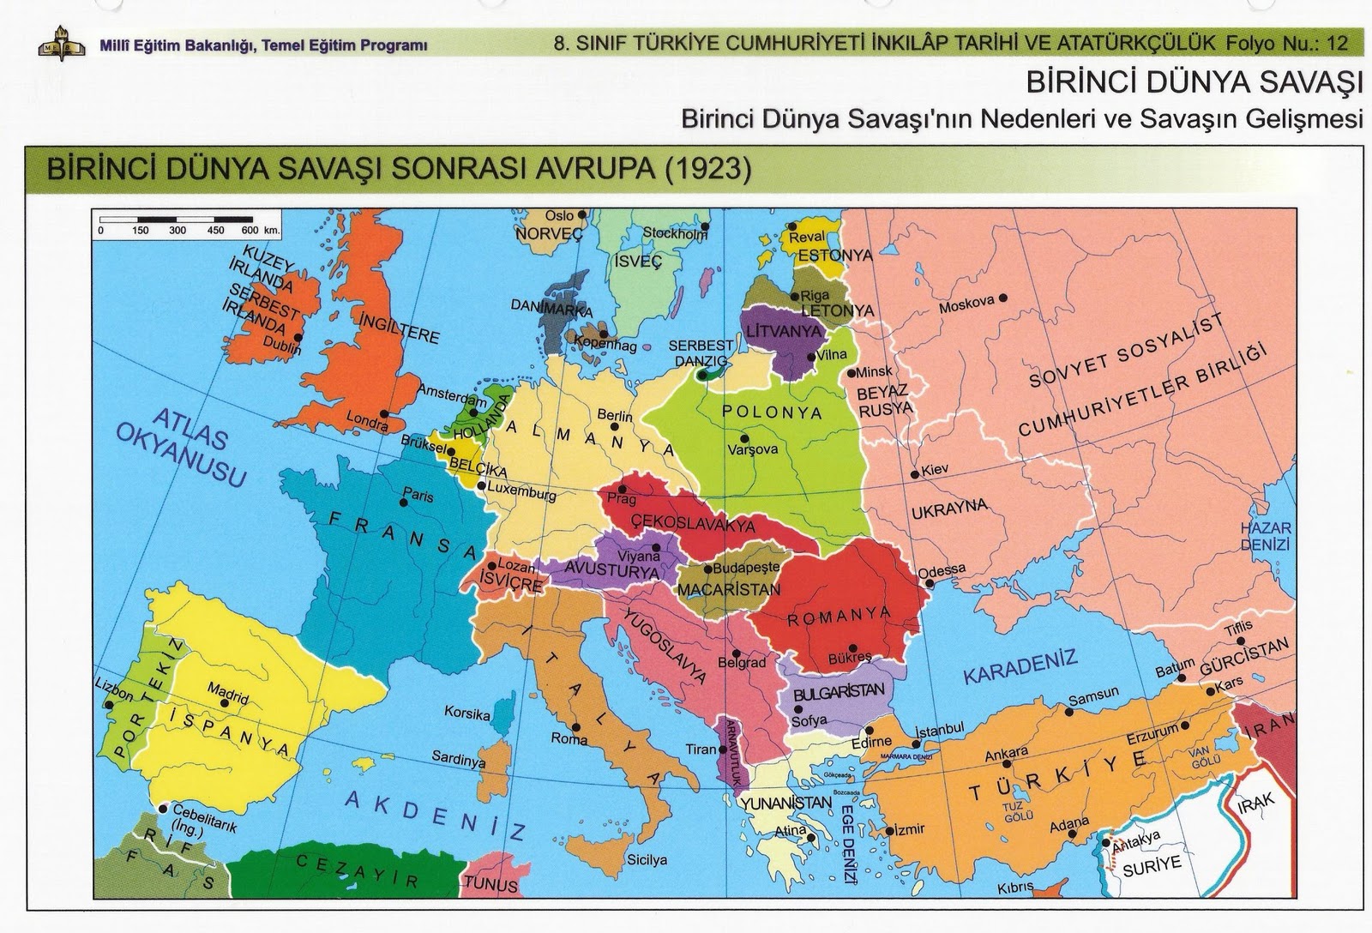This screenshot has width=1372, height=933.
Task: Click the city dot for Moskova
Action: point(1003,298)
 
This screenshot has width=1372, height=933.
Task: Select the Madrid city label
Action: point(227,691)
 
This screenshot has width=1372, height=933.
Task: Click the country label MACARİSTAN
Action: point(729,590)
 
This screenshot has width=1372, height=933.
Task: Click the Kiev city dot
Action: point(915,473)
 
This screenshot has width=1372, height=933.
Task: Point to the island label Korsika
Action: point(467,713)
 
